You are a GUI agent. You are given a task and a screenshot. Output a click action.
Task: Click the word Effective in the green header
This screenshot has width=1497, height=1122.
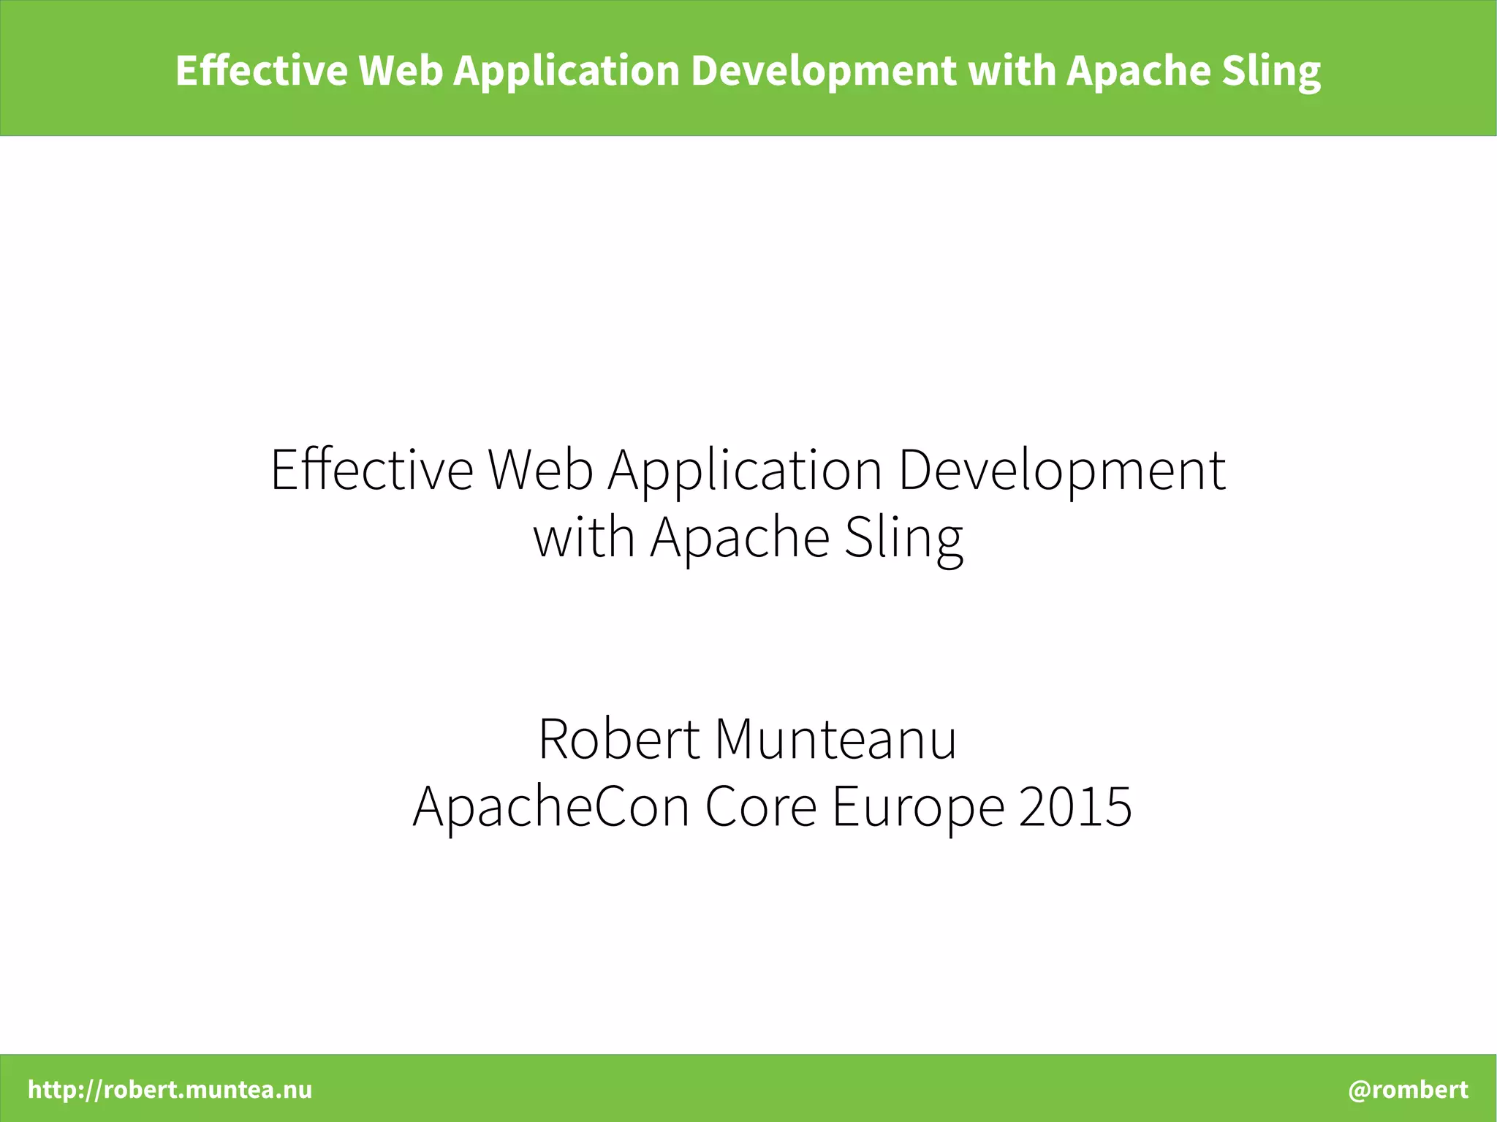coord(261,70)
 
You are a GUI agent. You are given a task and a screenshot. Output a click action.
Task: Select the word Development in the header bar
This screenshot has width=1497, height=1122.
coord(823,72)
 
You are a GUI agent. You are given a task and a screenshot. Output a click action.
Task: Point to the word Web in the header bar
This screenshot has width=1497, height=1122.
coord(401,70)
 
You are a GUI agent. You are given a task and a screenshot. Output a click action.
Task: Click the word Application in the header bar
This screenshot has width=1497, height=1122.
coord(566,72)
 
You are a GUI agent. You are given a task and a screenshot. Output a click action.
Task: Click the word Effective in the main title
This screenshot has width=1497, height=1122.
coord(372,469)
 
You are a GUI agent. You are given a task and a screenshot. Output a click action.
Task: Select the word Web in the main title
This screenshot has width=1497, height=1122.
coord(540,469)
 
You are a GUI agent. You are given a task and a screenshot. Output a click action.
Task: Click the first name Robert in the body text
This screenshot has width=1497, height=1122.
coord(619,739)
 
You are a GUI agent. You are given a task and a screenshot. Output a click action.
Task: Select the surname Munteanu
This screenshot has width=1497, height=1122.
coord(835,739)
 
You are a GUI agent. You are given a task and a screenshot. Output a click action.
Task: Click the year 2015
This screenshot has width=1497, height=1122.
coord(1075,806)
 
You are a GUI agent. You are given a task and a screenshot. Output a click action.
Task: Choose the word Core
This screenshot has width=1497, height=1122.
coord(760,806)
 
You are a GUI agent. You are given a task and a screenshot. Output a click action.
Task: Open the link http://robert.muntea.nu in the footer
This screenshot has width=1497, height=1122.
coord(170,1089)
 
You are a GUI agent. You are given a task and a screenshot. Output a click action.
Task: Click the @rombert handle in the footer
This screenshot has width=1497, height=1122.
coord(1408,1089)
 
